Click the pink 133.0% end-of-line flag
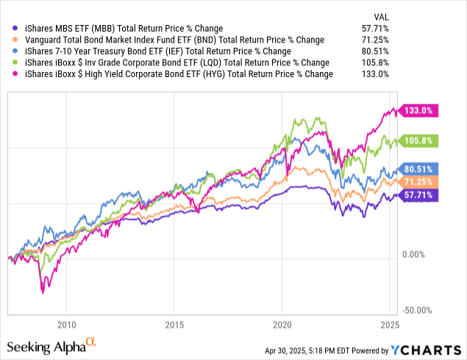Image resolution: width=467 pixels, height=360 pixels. click(x=420, y=111)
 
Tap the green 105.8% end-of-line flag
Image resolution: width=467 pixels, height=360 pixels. click(x=420, y=140)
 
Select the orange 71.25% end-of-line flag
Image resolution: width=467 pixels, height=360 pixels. click(x=420, y=181)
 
